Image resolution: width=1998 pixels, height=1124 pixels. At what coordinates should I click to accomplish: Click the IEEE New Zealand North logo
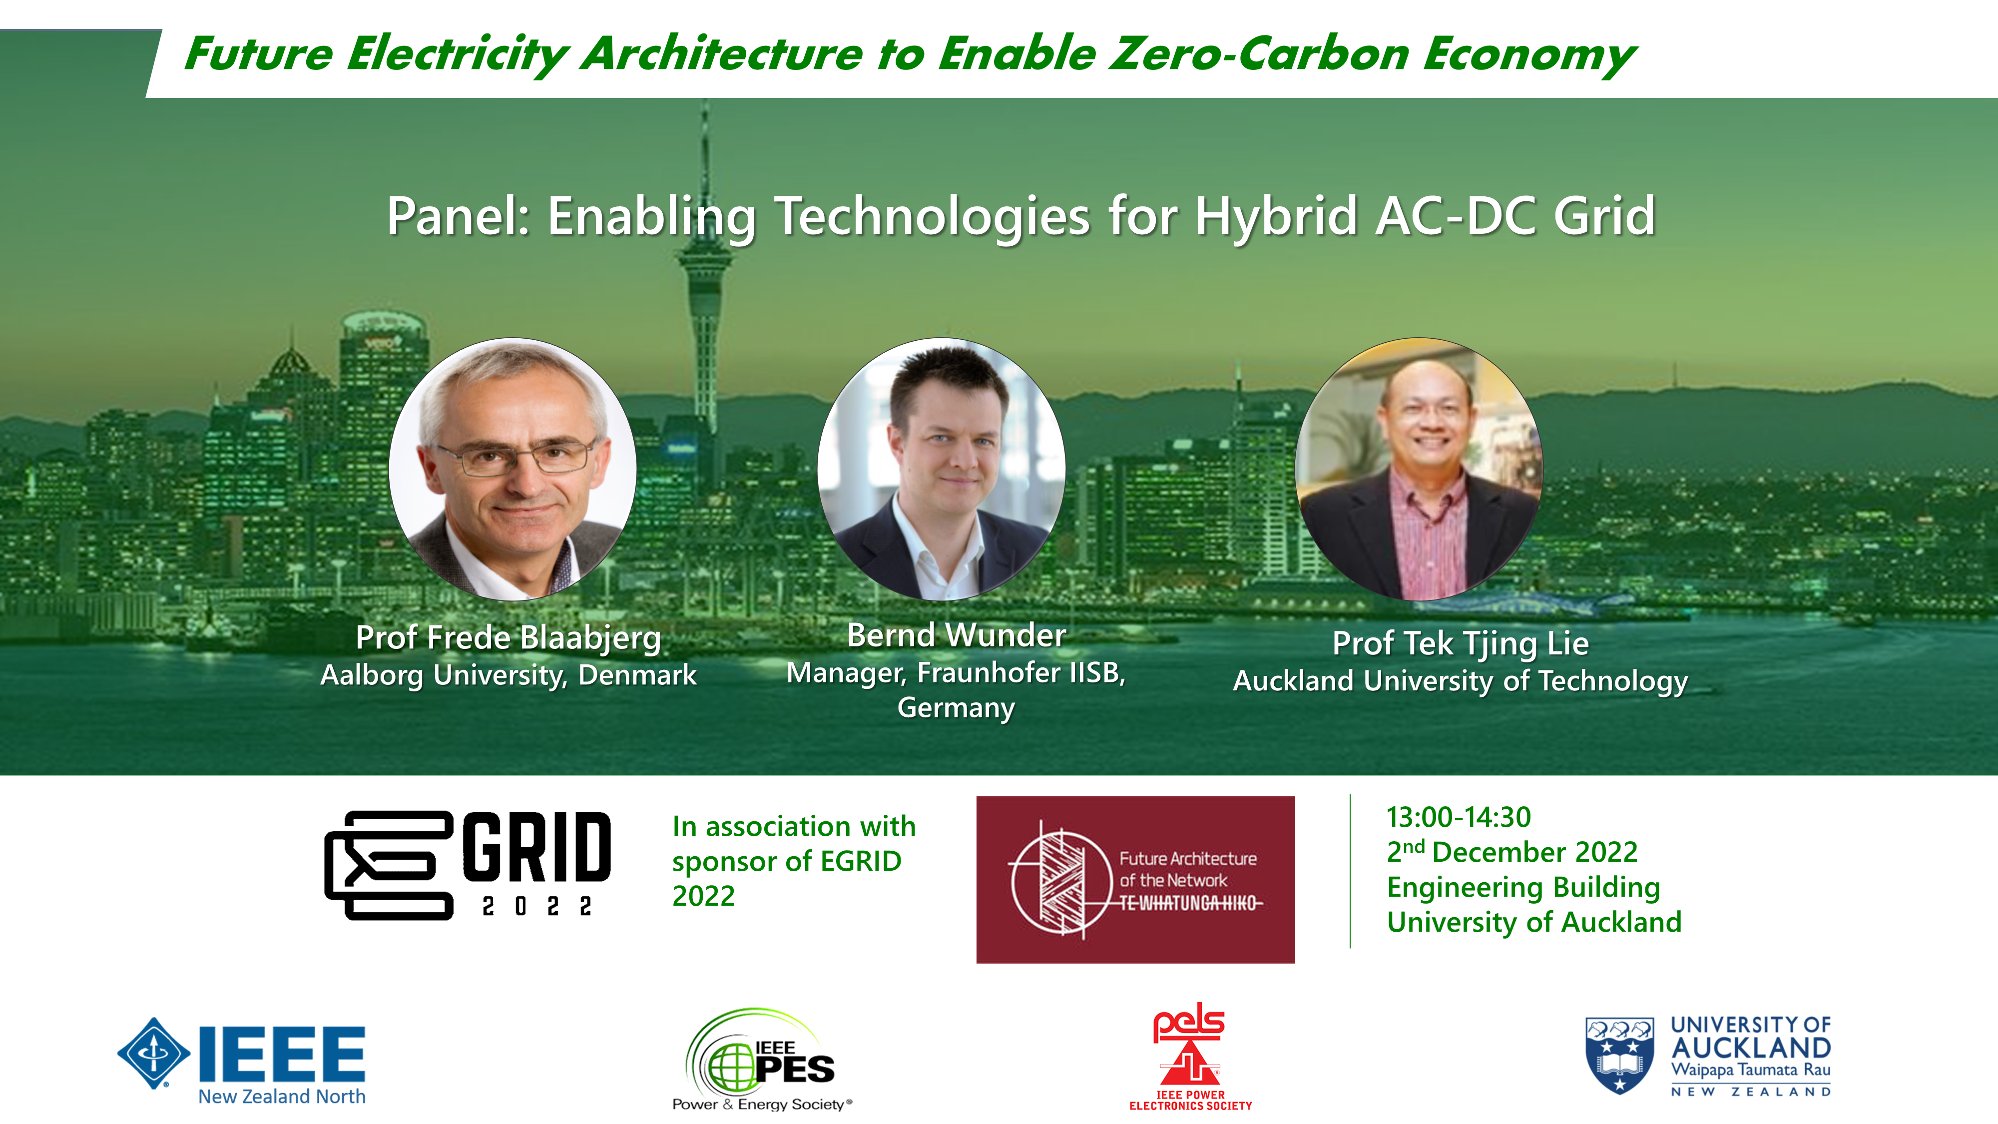(241, 1061)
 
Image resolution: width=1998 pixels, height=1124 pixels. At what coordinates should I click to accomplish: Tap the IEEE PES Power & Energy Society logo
(762, 1060)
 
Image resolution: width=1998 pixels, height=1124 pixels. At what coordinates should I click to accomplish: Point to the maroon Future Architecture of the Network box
(1135, 880)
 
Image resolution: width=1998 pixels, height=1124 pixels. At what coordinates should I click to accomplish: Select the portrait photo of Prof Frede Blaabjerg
(512, 469)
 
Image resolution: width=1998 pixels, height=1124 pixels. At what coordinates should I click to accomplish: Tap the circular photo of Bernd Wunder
(942, 469)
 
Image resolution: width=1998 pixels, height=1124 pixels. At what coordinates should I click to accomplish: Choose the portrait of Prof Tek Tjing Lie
(1419, 469)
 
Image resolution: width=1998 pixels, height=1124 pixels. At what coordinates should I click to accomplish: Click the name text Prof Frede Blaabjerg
(508, 637)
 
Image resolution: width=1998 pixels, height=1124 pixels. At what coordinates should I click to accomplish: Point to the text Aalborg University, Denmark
(508, 675)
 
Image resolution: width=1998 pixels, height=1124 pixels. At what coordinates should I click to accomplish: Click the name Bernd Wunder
(957, 635)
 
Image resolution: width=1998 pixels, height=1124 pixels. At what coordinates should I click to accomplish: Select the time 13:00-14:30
(1458, 817)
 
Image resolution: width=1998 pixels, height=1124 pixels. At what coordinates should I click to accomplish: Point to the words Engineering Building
(1523, 887)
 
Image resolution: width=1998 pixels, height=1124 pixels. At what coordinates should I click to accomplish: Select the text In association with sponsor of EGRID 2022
(794, 861)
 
